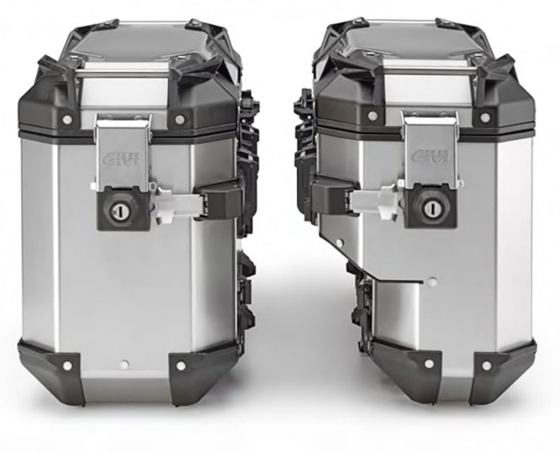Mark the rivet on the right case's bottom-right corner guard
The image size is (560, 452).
point(486,366)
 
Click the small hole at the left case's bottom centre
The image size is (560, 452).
point(123,365)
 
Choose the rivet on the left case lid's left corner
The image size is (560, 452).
point(66,119)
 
